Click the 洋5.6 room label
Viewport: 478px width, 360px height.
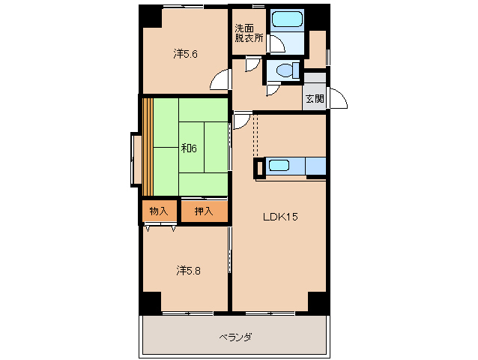point(185,54)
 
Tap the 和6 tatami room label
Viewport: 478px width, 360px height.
point(188,148)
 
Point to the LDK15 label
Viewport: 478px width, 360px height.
point(280,217)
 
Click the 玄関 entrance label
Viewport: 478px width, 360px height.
point(315,99)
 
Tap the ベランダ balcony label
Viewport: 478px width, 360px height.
point(235,337)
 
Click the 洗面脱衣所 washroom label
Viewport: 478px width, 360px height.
point(249,34)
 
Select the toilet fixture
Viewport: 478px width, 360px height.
point(285,70)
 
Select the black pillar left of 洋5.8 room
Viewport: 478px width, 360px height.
point(149,301)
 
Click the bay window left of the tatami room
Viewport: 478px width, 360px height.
point(136,158)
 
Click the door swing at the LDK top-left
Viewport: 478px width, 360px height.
point(241,121)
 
